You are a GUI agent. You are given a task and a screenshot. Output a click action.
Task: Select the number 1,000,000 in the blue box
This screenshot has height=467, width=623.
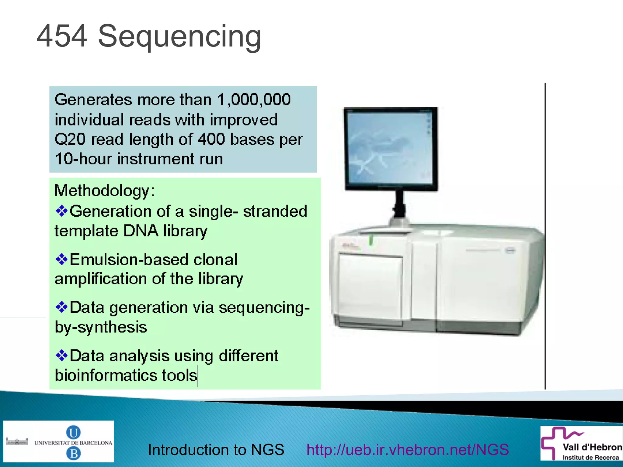pos(254,99)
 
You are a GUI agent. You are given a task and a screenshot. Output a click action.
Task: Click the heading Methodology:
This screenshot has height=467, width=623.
pos(104,191)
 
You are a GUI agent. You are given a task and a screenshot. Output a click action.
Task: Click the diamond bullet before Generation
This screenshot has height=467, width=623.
pos(61,211)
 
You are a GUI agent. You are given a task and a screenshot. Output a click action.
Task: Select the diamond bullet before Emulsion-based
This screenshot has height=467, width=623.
pos(61,259)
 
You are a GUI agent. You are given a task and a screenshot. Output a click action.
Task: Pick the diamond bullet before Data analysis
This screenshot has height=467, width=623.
pos(61,355)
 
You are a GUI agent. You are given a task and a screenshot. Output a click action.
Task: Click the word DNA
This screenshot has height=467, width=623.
pos(141,231)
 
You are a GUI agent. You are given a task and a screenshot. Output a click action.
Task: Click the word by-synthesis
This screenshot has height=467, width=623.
pos(101,327)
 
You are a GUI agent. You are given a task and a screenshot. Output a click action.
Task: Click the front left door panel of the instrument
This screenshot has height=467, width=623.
pos(371,289)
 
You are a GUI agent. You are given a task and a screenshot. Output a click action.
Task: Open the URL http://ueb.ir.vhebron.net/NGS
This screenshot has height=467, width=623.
pos(407,450)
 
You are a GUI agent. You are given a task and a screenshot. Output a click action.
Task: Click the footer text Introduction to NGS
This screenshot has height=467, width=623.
pos(216,450)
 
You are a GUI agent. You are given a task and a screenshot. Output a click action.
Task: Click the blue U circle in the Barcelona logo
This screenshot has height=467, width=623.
pos(73,432)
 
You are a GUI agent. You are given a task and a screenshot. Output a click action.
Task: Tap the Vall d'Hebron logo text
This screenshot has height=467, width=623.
pos(592,447)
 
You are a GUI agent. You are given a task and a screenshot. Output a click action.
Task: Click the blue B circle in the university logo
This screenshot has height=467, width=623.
pos(73,454)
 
